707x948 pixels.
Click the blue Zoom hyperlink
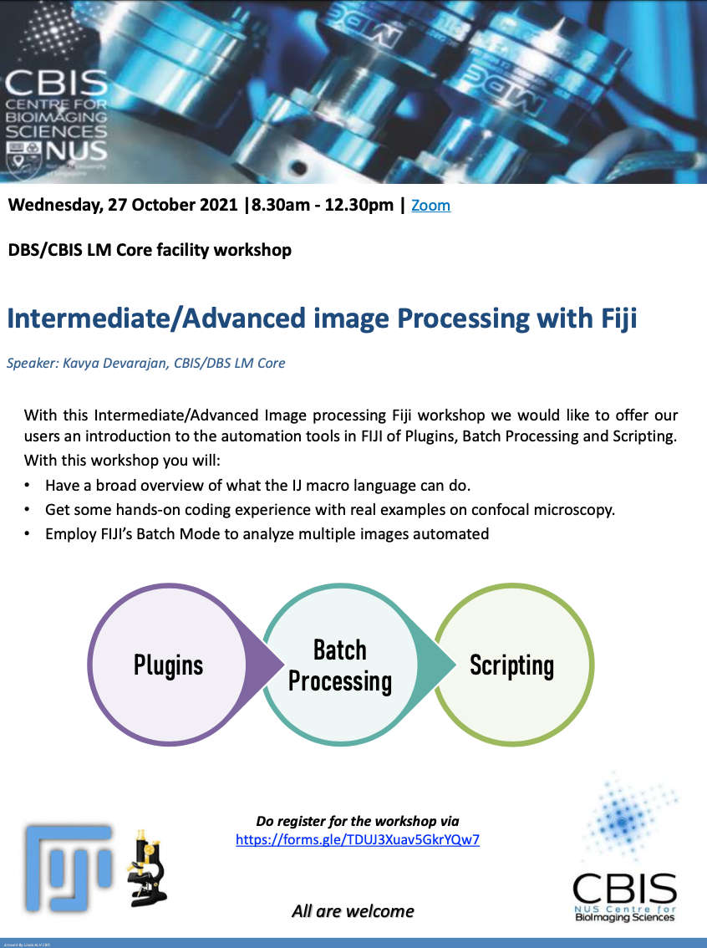(x=430, y=206)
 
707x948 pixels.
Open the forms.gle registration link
(x=358, y=840)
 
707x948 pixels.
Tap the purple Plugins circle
(x=168, y=665)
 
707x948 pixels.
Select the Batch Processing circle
(x=340, y=665)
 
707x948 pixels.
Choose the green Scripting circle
(x=511, y=665)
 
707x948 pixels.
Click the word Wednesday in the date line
(x=54, y=206)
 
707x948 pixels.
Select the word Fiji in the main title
(x=614, y=319)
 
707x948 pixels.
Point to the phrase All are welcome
(x=353, y=910)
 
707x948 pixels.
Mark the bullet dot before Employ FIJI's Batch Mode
(x=28, y=533)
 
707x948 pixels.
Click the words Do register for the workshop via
(x=358, y=821)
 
